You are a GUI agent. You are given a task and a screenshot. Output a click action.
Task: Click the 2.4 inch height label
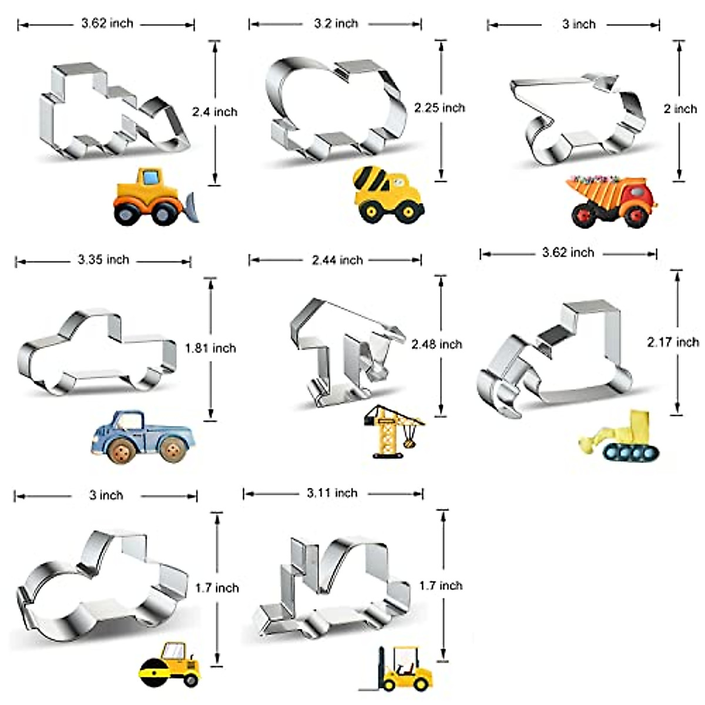point(215,112)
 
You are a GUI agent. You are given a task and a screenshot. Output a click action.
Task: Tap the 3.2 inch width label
point(335,23)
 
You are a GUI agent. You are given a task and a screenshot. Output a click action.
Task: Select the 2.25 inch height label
point(439,108)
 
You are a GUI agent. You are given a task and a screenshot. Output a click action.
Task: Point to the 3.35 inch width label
point(103,260)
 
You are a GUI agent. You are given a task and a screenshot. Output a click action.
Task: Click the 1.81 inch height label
point(210,348)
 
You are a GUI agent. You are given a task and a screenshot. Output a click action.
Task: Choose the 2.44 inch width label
point(337,260)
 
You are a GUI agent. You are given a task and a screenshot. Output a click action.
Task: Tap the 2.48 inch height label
point(437,344)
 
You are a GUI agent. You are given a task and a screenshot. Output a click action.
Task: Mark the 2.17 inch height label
point(673,342)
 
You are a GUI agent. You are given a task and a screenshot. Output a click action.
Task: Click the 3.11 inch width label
point(332,493)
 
